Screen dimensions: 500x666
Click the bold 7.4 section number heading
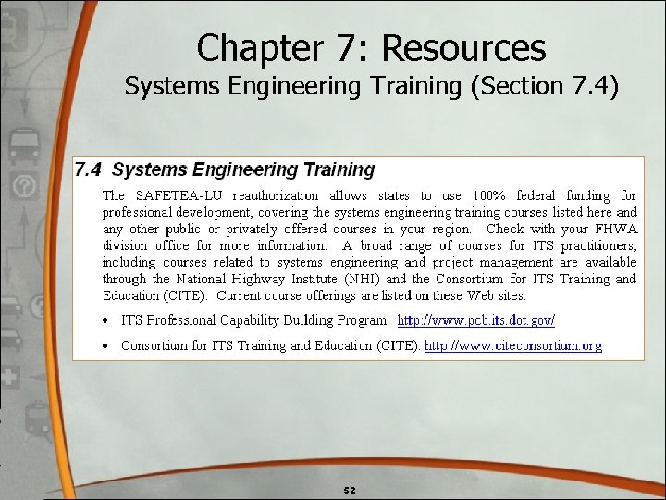click(88, 169)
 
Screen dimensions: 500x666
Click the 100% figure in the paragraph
click(488, 195)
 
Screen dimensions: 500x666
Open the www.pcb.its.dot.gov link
click(475, 320)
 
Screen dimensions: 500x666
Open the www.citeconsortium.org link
click(512, 345)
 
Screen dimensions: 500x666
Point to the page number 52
click(350, 489)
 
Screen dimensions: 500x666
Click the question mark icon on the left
click(24, 188)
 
